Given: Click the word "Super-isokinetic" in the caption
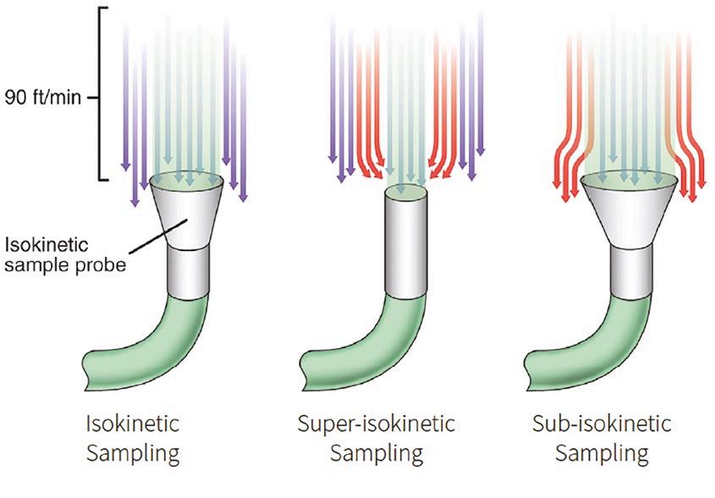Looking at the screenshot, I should click(x=376, y=422).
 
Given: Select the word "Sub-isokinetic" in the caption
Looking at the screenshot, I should click(x=601, y=422).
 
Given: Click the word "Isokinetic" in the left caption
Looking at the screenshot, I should click(x=134, y=422).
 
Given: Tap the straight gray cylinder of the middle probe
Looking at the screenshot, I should click(x=409, y=245).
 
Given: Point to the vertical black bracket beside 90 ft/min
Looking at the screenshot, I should click(x=105, y=93).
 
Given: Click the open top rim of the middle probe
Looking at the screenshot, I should click(x=409, y=193).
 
